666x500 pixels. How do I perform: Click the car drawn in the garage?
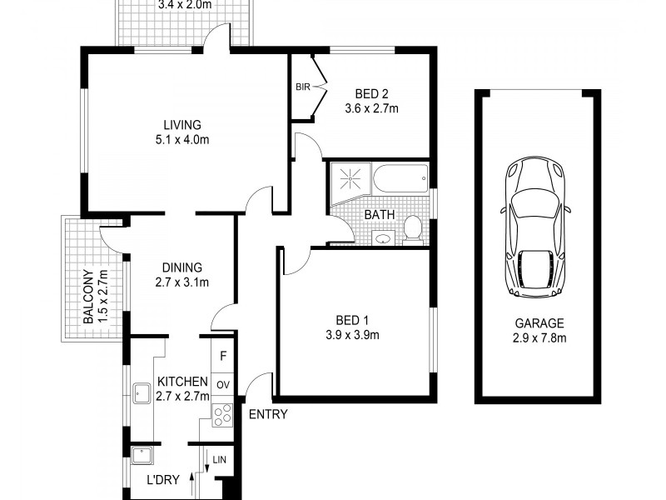pyautogui.click(x=537, y=227)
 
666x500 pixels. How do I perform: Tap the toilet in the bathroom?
pyautogui.click(x=412, y=228)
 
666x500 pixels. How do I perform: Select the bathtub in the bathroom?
pyautogui.click(x=400, y=178)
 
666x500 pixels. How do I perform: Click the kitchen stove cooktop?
pyautogui.click(x=222, y=413)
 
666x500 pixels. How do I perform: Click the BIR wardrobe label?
pyautogui.click(x=301, y=87)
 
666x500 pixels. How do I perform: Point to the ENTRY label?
pyautogui.click(x=268, y=414)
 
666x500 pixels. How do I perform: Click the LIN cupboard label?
pyautogui.click(x=220, y=460)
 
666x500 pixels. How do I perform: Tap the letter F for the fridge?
pyautogui.click(x=222, y=357)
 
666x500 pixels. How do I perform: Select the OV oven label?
pyautogui.click(x=222, y=384)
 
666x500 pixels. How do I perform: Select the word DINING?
pyautogui.click(x=182, y=267)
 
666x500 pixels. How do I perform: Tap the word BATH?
pyautogui.click(x=379, y=215)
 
